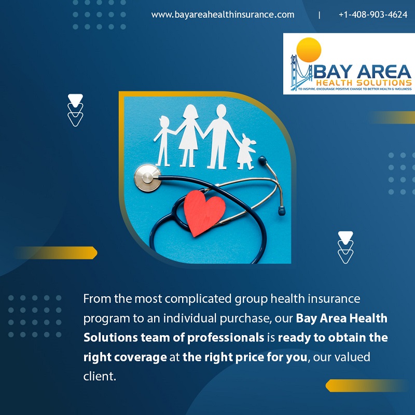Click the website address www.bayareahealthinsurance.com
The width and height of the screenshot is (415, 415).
[223, 15]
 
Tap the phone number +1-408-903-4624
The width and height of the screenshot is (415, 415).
[373, 15]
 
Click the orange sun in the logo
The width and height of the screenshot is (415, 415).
[309, 50]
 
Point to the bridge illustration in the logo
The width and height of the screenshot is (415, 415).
[301, 73]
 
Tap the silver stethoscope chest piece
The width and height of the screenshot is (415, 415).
[147, 177]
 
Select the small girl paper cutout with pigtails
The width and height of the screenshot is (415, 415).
[246, 152]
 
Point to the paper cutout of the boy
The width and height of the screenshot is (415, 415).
[164, 141]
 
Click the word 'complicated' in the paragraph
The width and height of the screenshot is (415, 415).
[198, 299]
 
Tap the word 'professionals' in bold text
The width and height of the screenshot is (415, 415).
[226, 338]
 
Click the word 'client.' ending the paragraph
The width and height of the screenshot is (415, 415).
[100, 376]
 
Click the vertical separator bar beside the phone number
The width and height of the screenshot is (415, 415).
[320, 15]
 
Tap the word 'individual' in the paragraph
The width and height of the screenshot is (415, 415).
[190, 318]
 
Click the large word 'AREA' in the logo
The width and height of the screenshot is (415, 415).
[385, 72]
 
